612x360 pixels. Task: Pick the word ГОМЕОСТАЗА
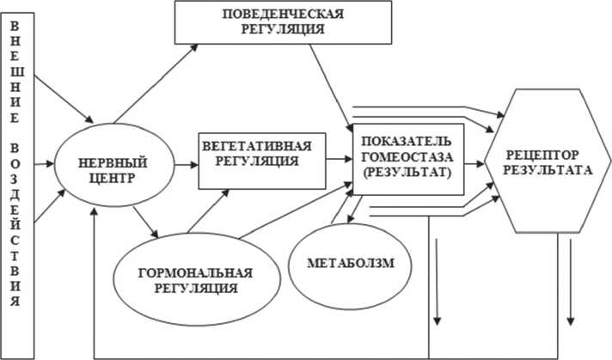tap(404, 156)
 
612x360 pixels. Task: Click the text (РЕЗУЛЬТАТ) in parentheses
tap(404, 172)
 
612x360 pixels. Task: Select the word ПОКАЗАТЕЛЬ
tap(404, 140)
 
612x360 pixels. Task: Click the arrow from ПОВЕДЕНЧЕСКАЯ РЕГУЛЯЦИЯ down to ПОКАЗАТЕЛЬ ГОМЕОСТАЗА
tap(330, 83)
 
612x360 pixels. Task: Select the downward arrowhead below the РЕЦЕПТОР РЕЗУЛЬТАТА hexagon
tap(571, 320)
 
